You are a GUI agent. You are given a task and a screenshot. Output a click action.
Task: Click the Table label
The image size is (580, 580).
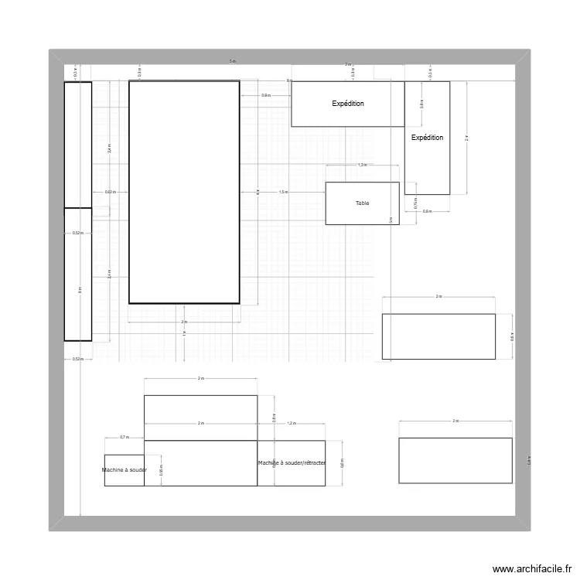coord(362,203)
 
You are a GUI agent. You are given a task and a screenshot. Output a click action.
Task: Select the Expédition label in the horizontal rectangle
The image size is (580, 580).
coord(348,104)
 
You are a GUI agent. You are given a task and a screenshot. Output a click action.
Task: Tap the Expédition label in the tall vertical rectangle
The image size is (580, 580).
coord(427,138)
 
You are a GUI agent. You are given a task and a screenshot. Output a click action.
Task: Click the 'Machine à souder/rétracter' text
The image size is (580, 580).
coord(292,463)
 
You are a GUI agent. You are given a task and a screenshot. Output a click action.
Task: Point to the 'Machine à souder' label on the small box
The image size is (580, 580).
coord(125,470)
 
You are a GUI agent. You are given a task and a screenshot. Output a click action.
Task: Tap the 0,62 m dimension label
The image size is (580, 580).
coord(110,192)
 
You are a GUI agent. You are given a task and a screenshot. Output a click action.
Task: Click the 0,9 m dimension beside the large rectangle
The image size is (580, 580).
coord(265,95)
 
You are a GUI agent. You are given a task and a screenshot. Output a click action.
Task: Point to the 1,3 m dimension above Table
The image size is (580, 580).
coord(362,165)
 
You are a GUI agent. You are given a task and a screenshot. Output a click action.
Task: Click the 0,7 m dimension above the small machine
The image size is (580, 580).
coord(124,437)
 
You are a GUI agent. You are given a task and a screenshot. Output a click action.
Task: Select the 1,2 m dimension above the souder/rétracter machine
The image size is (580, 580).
coord(292,424)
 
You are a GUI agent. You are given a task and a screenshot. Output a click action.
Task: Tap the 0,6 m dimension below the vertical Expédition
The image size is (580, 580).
coord(427,211)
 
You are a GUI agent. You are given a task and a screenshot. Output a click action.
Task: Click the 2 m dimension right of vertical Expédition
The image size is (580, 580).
coord(466,138)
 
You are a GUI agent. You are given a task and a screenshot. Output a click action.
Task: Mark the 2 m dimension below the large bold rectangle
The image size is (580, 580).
coord(183,322)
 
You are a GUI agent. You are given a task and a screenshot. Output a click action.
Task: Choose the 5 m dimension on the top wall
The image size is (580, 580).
coord(232,61)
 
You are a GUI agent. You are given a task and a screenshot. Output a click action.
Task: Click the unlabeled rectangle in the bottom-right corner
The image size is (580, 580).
coord(455,460)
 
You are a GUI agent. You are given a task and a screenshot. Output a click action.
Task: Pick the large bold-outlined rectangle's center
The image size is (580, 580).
coord(183,192)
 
